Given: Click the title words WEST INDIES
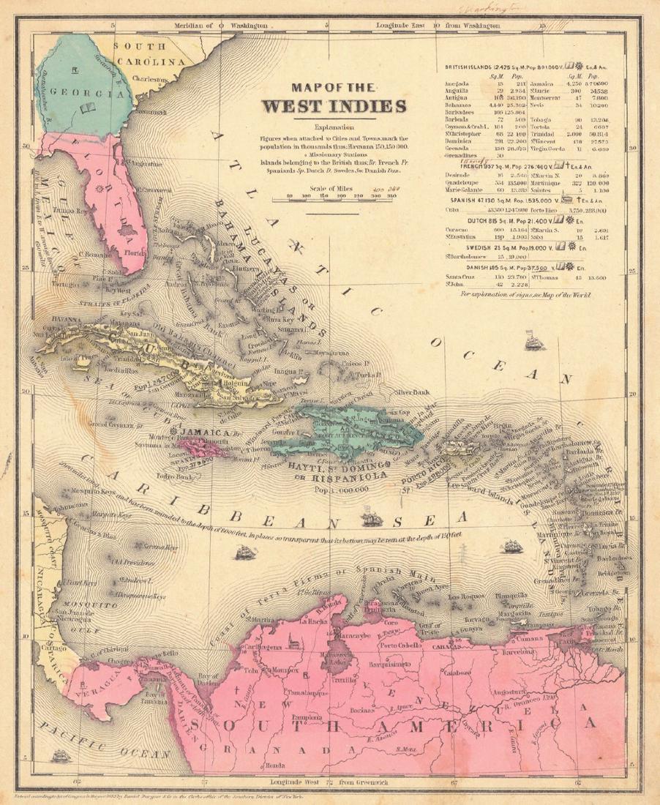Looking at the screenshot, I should click(335, 105).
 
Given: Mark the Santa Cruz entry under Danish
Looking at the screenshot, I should click(460, 277).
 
